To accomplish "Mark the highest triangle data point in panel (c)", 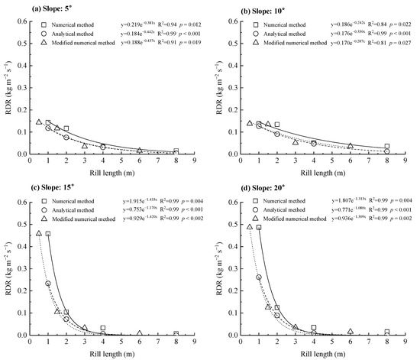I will [39, 233].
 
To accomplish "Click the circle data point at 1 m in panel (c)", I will [48, 284].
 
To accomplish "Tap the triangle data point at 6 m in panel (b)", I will [350, 146].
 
